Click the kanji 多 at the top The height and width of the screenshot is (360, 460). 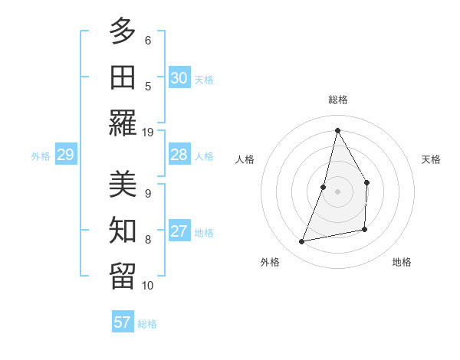[x=123, y=31]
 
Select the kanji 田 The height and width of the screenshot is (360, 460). [x=123, y=77]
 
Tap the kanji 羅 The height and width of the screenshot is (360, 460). [x=123, y=123]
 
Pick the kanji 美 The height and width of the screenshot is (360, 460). [x=123, y=185]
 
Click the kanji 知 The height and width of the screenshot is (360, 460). [x=123, y=231]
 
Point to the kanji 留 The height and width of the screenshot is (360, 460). [x=123, y=277]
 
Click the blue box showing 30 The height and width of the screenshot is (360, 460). [x=179, y=78]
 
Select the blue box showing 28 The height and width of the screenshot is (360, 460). [x=179, y=155]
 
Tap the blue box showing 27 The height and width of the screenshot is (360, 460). [x=179, y=231]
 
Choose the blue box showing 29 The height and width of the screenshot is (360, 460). [x=65, y=155]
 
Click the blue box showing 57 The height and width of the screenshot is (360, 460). [x=123, y=322]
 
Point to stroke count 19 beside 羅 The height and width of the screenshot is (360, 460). [x=148, y=132]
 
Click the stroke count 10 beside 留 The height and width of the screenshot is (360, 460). [x=148, y=286]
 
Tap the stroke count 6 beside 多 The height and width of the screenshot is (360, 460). [x=148, y=40]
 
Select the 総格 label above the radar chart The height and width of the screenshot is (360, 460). [x=337, y=100]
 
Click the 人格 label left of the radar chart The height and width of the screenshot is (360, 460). [x=245, y=159]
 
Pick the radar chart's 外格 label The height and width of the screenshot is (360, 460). [x=270, y=262]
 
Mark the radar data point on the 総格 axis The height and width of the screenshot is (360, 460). [x=337, y=130]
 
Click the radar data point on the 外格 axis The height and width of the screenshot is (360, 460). [x=302, y=242]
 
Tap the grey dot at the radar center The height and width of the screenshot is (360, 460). [x=337, y=191]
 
